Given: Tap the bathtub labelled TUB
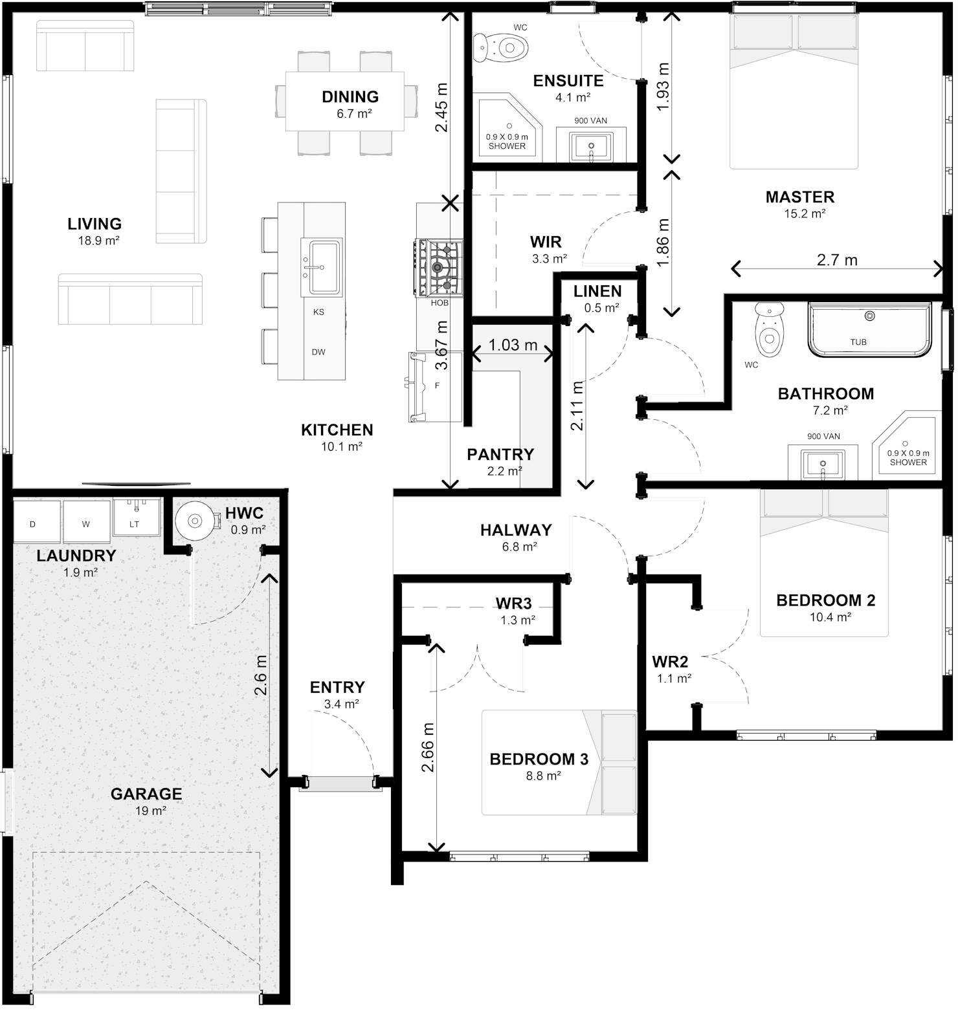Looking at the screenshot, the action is [x=869, y=329].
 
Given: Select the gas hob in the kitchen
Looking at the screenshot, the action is [x=440, y=267].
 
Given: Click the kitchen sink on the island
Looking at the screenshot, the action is [x=322, y=267].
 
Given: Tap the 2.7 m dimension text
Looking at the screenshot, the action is [x=837, y=260].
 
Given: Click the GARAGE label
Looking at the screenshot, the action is [x=146, y=794].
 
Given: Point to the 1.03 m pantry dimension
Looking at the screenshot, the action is [x=513, y=345].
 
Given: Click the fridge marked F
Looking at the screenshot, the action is [x=435, y=386].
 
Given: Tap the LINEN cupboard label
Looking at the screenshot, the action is [x=597, y=291].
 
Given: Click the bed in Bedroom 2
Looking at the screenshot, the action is [x=823, y=563].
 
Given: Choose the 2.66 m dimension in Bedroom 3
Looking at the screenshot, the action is [x=428, y=748].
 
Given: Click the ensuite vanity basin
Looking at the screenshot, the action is [x=591, y=147].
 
